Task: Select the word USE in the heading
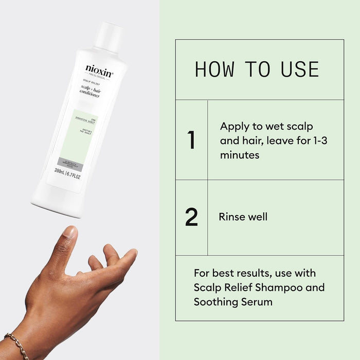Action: pyautogui.click(x=299, y=69)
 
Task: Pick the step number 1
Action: pyautogui.click(x=191, y=140)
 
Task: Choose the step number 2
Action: pyautogui.click(x=191, y=218)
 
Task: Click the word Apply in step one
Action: pyautogui.click(x=235, y=126)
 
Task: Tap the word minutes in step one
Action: pyautogui.click(x=240, y=154)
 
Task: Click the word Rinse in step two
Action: pyautogui.click(x=232, y=217)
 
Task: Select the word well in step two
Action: pyautogui.click(x=258, y=217)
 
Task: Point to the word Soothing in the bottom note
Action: pyautogui.click(x=216, y=301)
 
